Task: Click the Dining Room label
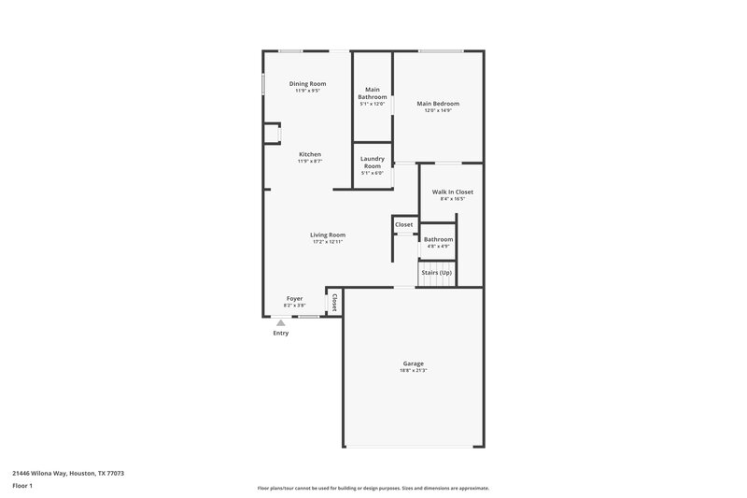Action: [307, 84]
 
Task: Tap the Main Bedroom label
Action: [438, 104]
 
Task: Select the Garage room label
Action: [414, 363]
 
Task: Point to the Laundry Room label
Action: [373, 163]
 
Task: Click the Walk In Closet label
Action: [453, 192]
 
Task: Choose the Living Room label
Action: [329, 235]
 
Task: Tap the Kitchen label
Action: [310, 154]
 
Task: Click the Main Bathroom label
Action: [373, 93]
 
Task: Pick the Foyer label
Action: [294, 299]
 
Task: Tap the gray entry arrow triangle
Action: [280, 323]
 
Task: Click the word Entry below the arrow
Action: [280, 334]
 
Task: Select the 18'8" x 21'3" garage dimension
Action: [414, 371]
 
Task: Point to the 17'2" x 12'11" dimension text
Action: [329, 242]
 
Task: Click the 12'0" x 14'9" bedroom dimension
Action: [438, 111]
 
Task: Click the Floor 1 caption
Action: [23, 487]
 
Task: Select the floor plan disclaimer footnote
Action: [373, 488]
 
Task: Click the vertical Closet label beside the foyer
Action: [334, 302]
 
